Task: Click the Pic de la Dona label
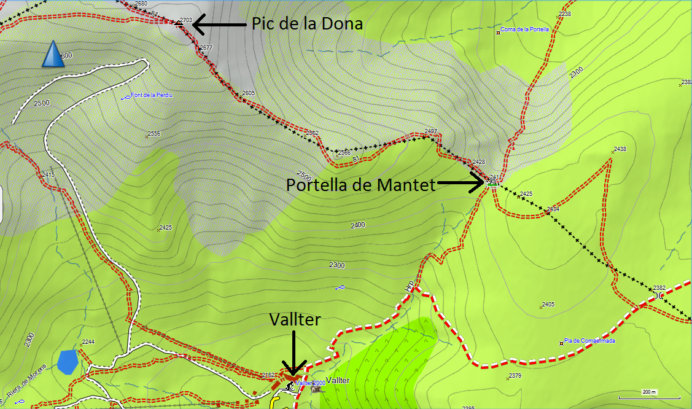pos(307,23)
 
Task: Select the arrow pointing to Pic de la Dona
pos(220,24)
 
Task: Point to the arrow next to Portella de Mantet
pos(461,182)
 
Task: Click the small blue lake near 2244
pos(67,362)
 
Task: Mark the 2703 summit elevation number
pos(185,20)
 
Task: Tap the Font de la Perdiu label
pos(145,96)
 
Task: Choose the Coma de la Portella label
pos(525,29)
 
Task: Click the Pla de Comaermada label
pos(589,341)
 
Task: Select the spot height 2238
pos(564,14)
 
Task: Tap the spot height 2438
pos(620,149)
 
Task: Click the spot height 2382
pos(659,287)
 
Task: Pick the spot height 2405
pos(548,305)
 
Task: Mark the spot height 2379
pos(515,376)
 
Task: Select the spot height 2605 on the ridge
pos(248,93)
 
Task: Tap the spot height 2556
pos(154,133)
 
